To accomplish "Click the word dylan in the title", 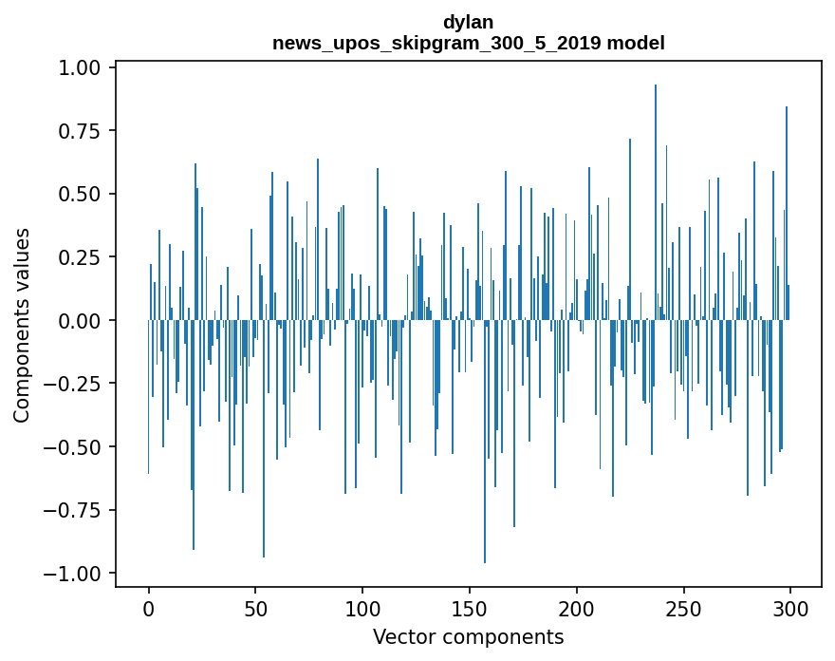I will click(x=468, y=22).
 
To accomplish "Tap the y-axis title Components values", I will click(x=21, y=325).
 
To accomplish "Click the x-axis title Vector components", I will click(x=468, y=636).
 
